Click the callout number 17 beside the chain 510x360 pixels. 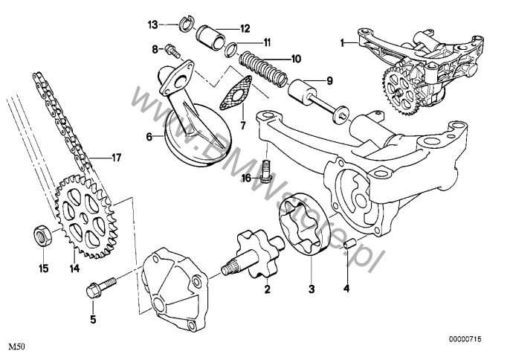[x=115, y=157]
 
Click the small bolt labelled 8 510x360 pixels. [x=173, y=51]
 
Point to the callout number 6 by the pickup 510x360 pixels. [x=149, y=136]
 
